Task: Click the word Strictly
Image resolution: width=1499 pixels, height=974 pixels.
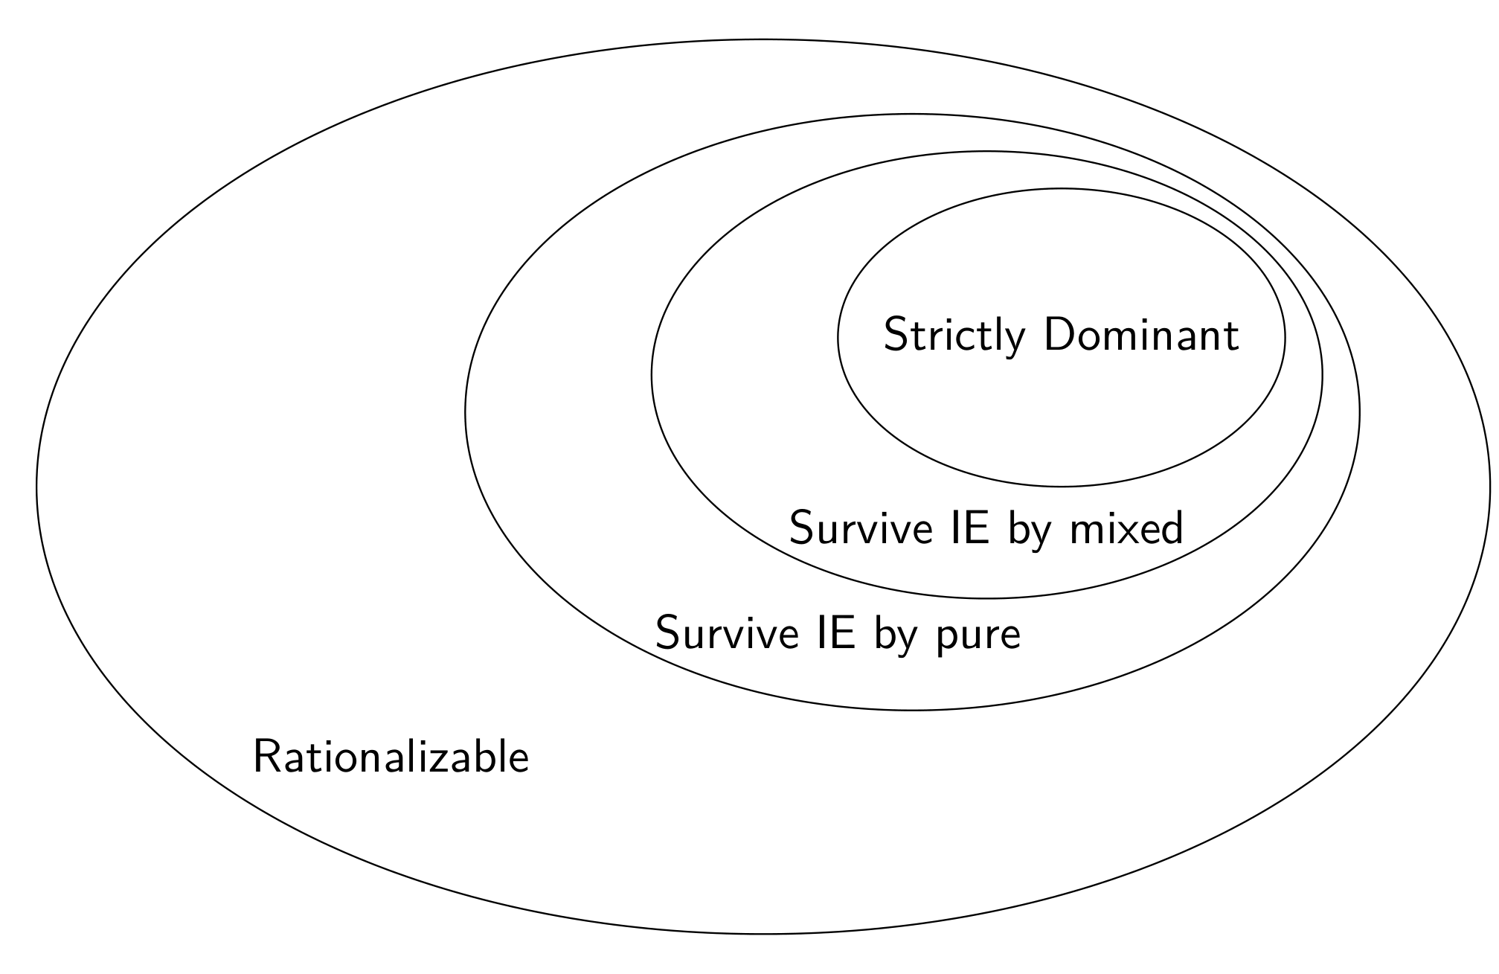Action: (954, 336)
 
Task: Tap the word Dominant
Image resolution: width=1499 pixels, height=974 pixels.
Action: (1141, 335)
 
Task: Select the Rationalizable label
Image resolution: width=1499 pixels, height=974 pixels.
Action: (391, 757)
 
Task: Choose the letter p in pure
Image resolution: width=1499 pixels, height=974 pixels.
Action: (947, 638)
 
